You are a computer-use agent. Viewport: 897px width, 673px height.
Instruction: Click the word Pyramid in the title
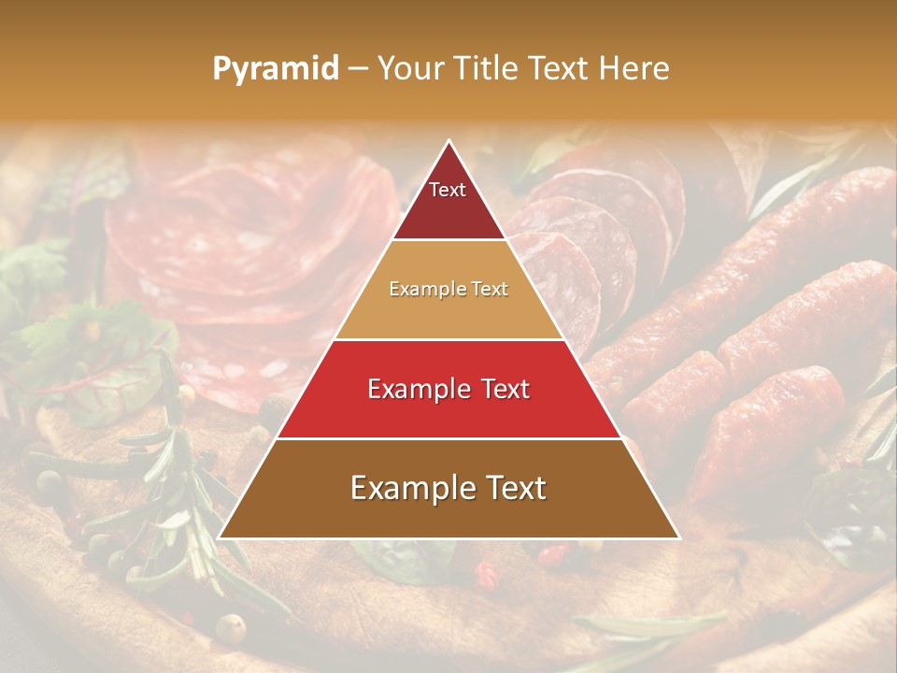click(x=275, y=69)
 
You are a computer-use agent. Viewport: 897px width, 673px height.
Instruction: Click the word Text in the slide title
click(x=559, y=68)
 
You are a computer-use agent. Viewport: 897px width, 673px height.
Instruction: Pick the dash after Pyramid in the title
click(x=358, y=69)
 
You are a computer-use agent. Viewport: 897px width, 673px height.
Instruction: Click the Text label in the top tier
click(x=448, y=190)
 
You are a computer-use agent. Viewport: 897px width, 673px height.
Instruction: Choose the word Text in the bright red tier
click(x=505, y=389)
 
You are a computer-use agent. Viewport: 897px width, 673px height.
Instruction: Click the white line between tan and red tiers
click(x=448, y=339)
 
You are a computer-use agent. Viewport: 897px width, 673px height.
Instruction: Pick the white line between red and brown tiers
click(x=448, y=438)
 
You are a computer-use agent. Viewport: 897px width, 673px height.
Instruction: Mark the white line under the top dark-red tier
click(x=448, y=240)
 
